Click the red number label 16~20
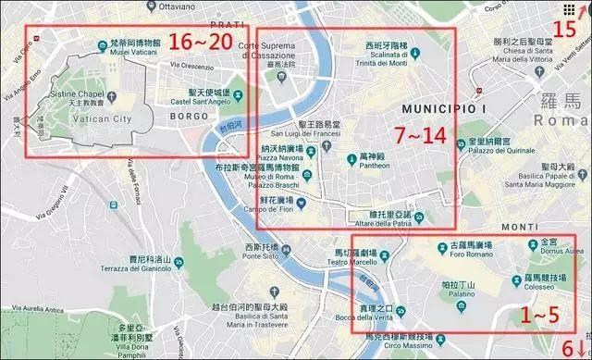pyautogui.click(x=201, y=43)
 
